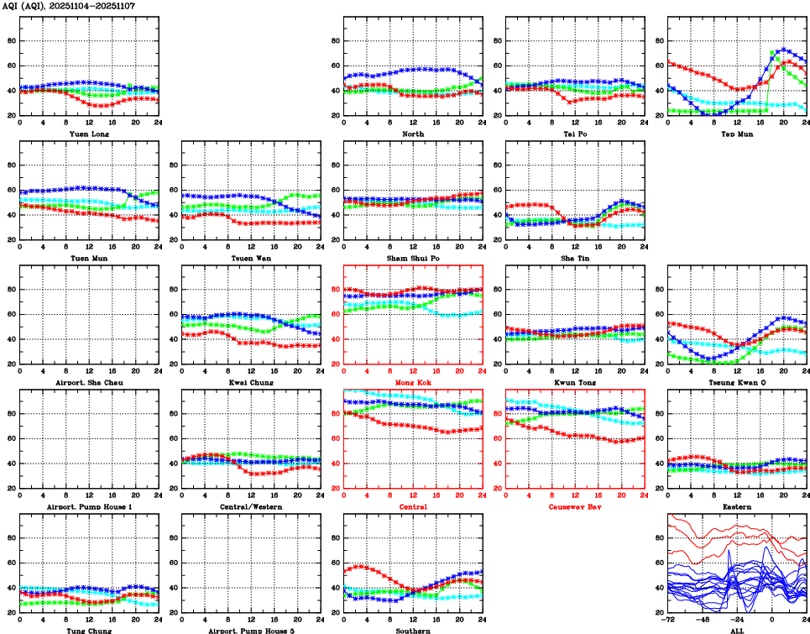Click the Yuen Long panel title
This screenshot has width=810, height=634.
[89, 134]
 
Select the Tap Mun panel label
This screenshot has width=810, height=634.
[736, 134]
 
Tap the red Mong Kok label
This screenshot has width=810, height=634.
[412, 382]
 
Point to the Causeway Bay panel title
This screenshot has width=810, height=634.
[574, 506]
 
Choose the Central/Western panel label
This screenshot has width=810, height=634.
[251, 506]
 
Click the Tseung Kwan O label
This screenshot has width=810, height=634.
[736, 382]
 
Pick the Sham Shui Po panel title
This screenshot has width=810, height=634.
[412, 258]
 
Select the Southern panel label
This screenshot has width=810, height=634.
[412, 631]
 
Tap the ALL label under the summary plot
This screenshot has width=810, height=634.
[736, 631]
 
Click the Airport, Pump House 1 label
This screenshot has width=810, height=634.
[89, 506]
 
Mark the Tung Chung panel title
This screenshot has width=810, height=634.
[89, 631]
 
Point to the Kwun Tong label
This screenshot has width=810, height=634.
[574, 382]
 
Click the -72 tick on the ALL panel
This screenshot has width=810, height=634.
[667, 620]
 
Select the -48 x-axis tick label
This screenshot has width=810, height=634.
[702, 620]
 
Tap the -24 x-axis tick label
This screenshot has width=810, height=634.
[736, 620]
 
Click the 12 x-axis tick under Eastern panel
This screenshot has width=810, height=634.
[736, 495]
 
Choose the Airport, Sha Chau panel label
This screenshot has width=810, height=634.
[89, 382]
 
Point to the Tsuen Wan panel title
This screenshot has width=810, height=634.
[251, 258]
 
